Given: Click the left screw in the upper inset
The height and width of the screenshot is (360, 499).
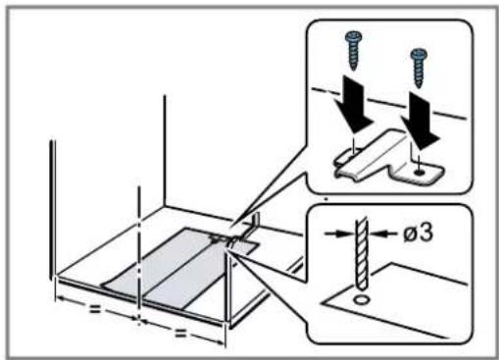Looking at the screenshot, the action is click(353, 50).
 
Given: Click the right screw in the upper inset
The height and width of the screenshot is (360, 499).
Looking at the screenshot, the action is click(419, 68).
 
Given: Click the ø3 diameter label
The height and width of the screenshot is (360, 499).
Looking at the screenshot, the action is click(419, 232).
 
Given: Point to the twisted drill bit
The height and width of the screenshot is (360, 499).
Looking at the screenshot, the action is click(362, 254).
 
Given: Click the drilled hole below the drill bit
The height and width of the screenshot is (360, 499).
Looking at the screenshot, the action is click(361, 299).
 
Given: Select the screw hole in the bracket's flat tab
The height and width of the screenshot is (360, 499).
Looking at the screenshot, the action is click(419, 172).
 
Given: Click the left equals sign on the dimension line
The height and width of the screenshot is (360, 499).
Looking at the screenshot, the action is click(95, 308).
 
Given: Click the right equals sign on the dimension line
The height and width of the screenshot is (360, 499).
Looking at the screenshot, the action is click(180, 333).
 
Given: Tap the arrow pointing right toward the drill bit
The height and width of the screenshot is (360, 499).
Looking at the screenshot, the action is click(339, 232).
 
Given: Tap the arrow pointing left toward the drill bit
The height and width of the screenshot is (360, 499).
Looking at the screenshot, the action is click(383, 233).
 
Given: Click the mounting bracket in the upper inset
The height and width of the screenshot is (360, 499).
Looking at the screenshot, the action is click(389, 158).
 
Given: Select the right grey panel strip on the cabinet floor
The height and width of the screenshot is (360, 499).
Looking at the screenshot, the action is click(196, 276).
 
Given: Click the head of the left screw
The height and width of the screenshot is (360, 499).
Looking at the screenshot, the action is click(353, 36).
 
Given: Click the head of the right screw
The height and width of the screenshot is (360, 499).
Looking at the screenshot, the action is click(419, 54).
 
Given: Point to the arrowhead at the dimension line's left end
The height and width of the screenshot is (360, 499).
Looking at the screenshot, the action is click(60, 298).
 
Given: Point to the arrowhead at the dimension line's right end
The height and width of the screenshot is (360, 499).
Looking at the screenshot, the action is click(220, 342).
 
